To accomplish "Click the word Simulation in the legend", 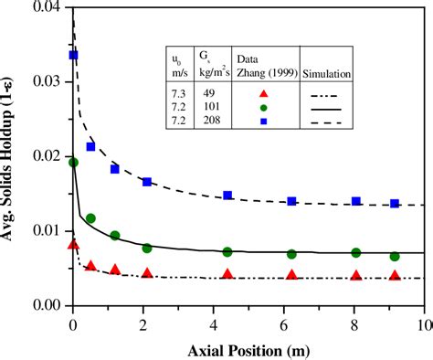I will pyautogui.click(x=329, y=72).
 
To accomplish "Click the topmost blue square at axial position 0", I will pyautogui.click(x=74, y=56).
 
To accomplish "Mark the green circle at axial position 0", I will pyautogui.click(x=74, y=163).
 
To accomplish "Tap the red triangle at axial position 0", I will pyautogui.click(x=74, y=245).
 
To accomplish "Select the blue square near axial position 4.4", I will pyautogui.click(x=227, y=196).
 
